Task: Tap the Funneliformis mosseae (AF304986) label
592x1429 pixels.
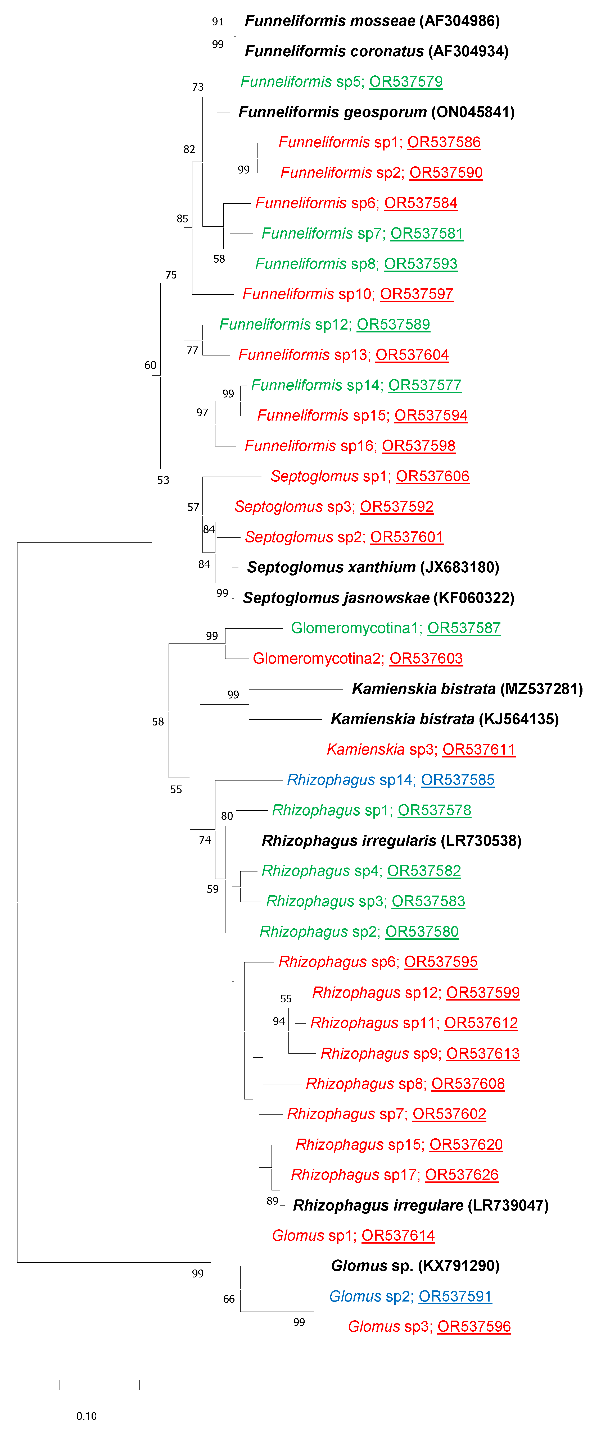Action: tap(372, 21)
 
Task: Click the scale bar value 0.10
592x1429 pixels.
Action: tap(87, 1416)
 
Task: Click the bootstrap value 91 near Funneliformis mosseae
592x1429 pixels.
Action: tap(218, 22)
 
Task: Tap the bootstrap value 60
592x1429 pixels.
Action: tap(150, 365)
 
